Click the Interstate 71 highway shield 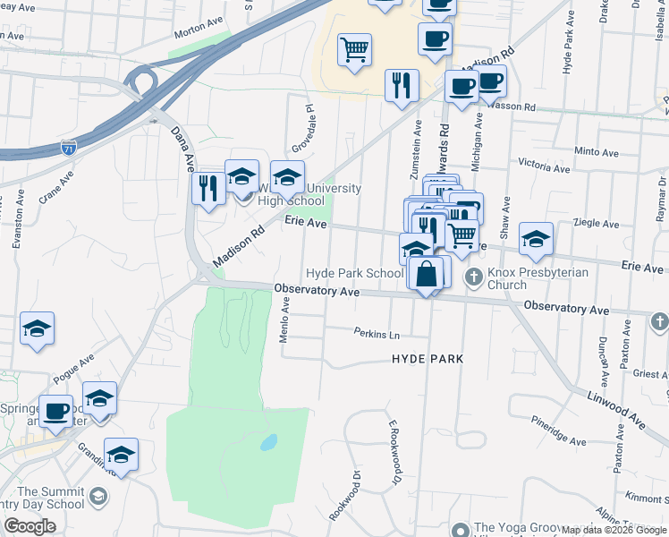(69, 147)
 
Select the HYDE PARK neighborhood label (428, 358)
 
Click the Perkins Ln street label (377, 334)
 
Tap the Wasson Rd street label (516, 107)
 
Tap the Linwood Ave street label (617, 406)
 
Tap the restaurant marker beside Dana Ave (207, 189)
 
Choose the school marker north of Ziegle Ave (536, 238)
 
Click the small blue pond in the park (267, 442)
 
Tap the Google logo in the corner (30, 526)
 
